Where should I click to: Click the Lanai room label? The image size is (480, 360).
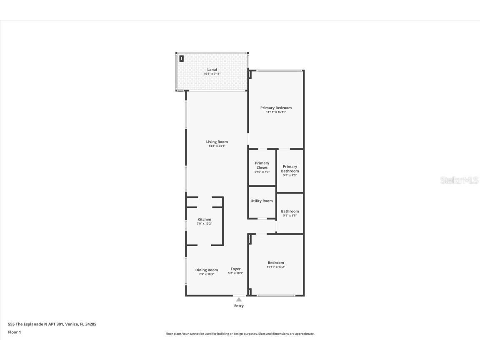coord(212,70)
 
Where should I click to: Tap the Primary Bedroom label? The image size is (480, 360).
coord(276,108)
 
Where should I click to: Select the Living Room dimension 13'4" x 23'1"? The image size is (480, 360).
coord(217,146)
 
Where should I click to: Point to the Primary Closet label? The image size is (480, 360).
coord(262,165)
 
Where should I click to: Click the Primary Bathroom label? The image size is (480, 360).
coord(290,169)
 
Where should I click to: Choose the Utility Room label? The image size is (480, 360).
coord(262,201)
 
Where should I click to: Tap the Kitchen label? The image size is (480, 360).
coord(204,220)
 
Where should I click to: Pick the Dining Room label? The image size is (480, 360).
coord(207,270)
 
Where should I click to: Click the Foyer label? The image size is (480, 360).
coord(235,269)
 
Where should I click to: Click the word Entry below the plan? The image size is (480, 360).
coord(239,306)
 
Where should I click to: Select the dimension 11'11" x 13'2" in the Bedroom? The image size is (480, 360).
coord(276,267)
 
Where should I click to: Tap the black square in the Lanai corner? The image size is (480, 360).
coord(182,59)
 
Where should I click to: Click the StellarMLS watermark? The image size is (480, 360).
coord(460,180)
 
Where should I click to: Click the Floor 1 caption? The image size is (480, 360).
coord(14,332)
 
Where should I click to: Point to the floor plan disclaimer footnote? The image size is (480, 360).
coord(240,334)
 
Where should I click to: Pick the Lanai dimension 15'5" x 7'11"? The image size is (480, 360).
coord(212,74)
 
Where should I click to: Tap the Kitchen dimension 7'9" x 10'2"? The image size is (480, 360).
coord(204,224)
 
